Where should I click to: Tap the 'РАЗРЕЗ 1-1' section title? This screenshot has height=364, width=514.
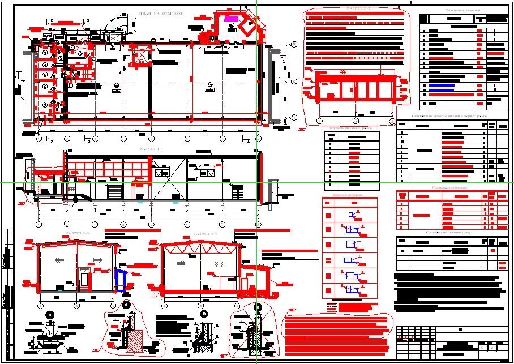[x=151, y=149]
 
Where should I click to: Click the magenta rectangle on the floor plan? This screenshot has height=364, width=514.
[x=231, y=19]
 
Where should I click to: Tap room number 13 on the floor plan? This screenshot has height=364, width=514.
[x=210, y=86]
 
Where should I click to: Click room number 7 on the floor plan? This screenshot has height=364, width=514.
[x=44, y=105]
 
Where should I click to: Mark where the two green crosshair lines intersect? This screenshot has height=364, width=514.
[x=257, y=183]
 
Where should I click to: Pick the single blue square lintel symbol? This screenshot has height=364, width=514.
[x=351, y=215]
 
